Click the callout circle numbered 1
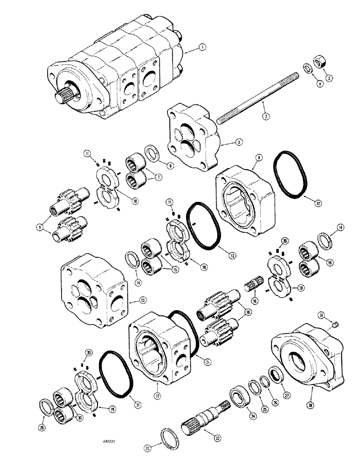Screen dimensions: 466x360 point(201,47)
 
